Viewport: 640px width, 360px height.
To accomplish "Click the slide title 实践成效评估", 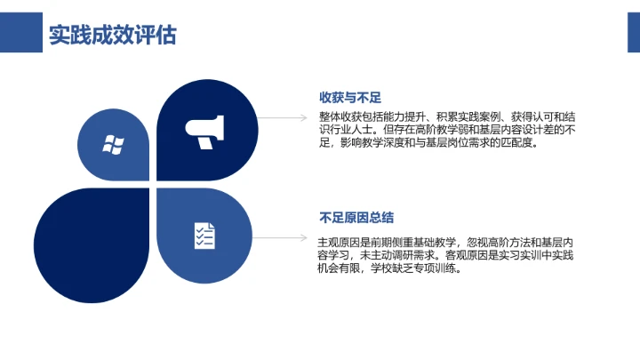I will [112, 34].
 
